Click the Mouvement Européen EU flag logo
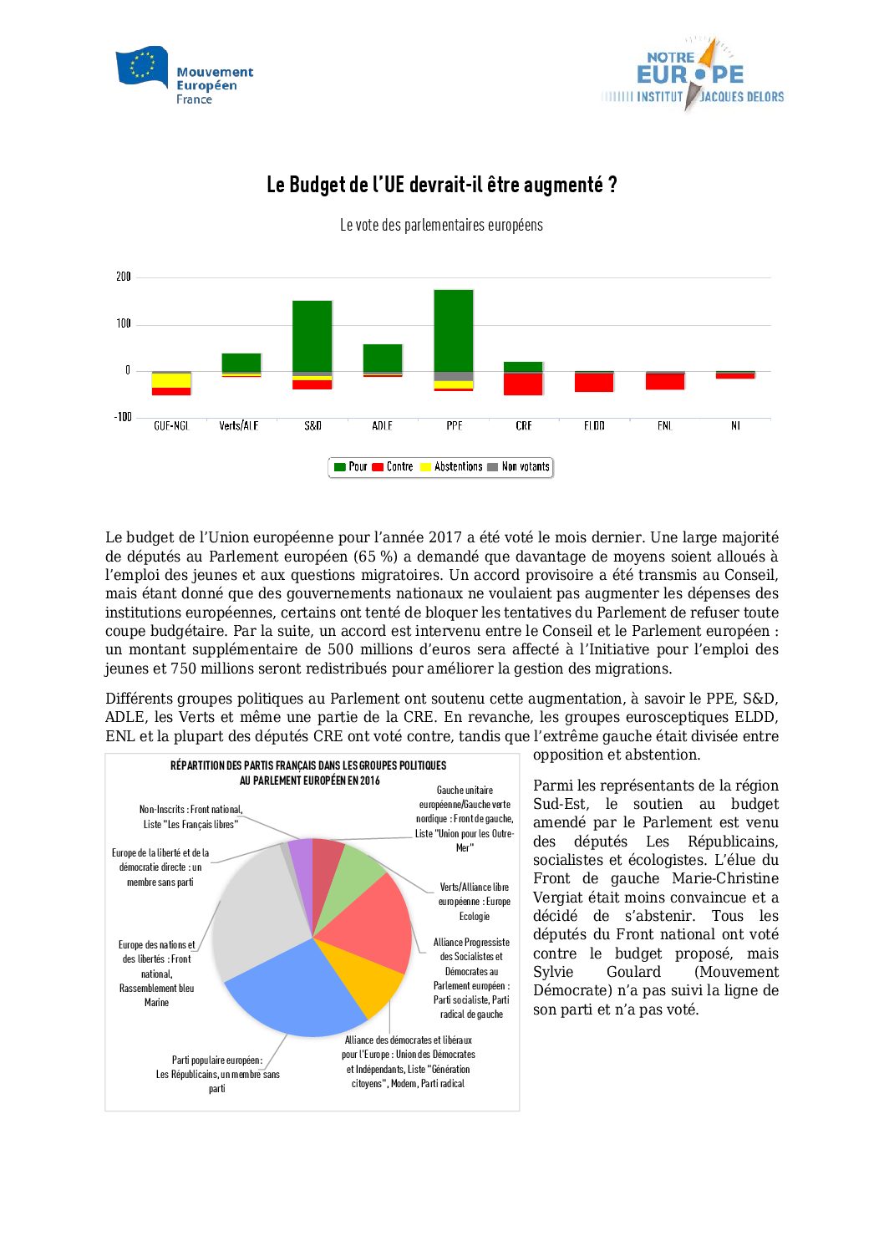(x=141, y=67)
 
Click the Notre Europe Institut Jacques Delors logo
(x=693, y=75)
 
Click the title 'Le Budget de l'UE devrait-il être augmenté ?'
(x=441, y=185)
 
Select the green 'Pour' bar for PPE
(x=454, y=330)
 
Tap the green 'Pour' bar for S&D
(x=312, y=336)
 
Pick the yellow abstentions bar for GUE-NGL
(x=171, y=380)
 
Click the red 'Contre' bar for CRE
(x=524, y=384)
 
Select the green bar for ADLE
(x=383, y=358)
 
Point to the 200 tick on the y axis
(x=124, y=277)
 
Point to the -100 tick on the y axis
(x=123, y=417)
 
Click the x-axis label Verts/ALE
(x=239, y=426)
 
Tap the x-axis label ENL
(x=664, y=426)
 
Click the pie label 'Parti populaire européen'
(x=217, y=1060)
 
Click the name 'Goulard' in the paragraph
(x=633, y=972)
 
